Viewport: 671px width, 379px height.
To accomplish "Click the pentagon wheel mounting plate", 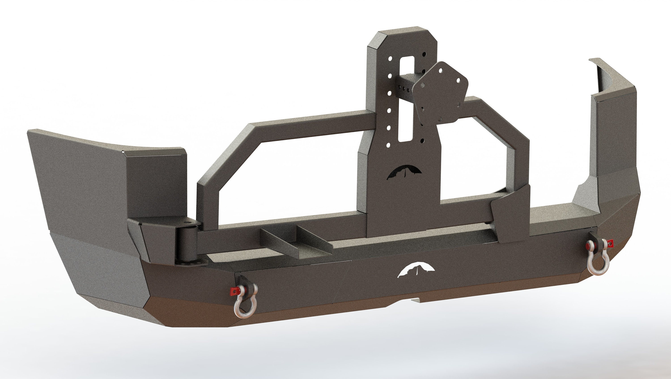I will (440, 94).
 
